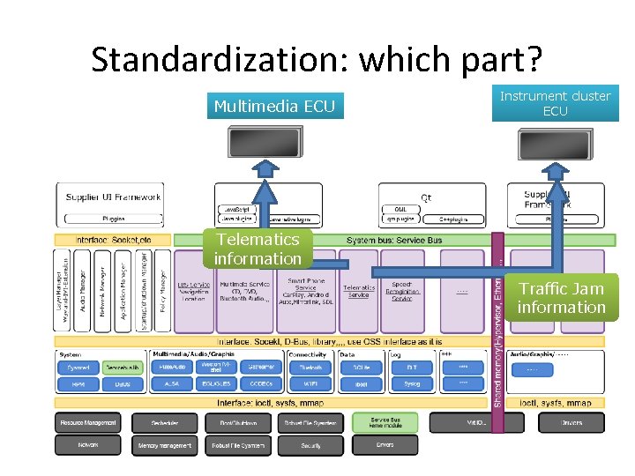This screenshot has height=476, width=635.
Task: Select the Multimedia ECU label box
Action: (x=274, y=107)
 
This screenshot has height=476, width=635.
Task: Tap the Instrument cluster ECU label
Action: (x=555, y=103)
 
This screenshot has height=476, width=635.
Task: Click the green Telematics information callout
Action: (x=258, y=249)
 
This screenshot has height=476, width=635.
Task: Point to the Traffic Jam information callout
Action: (x=561, y=298)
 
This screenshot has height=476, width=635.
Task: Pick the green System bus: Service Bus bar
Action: (x=394, y=240)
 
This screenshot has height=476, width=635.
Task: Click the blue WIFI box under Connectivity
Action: (x=310, y=384)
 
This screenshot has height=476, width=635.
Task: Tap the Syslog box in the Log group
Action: (x=412, y=384)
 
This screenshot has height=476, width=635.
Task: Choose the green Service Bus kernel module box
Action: (x=385, y=423)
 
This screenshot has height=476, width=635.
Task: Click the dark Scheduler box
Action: (x=164, y=423)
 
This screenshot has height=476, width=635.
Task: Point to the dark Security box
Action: (x=310, y=446)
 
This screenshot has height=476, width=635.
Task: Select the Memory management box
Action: (x=164, y=446)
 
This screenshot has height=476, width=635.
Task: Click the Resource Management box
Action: (x=88, y=423)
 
